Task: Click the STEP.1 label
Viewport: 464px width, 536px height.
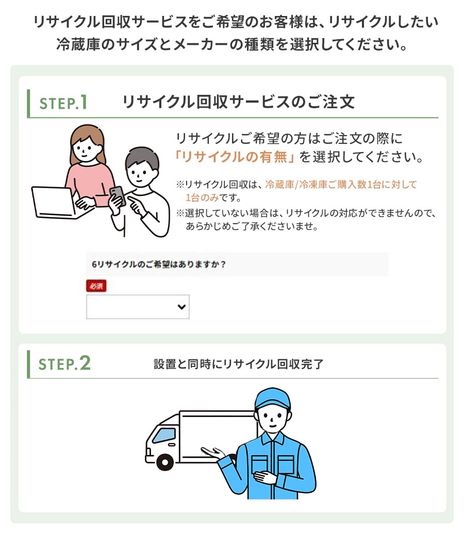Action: pyautogui.click(x=63, y=103)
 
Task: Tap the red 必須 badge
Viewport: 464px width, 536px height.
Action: pyautogui.click(x=96, y=286)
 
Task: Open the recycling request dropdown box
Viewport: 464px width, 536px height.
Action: pyautogui.click(x=138, y=307)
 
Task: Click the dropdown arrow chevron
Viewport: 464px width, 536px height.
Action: pyautogui.click(x=181, y=307)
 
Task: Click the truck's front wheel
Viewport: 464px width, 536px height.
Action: pyautogui.click(x=165, y=462)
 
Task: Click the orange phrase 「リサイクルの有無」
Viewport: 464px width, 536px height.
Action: pyautogui.click(x=235, y=157)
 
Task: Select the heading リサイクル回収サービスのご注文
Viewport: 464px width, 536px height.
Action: pyautogui.click(x=238, y=102)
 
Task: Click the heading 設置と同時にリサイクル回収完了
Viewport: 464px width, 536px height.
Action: pyautogui.click(x=238, y=364)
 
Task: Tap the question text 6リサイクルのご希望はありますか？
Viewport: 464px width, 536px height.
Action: pyautogui.click(x=159, y=264)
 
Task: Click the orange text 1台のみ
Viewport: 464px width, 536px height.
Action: pyautogui.click(x=202, y=197)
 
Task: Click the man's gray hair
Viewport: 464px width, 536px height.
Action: pyautogui.click(x=142, y=158)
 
